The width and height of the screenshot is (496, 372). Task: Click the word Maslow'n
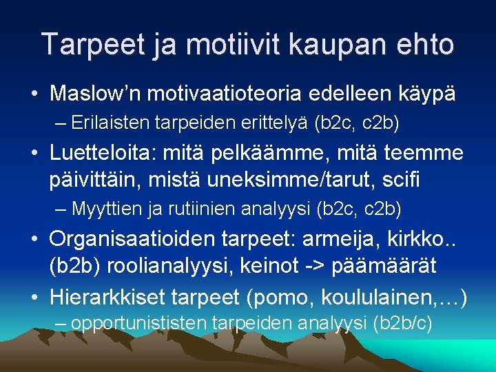tap(96, 94)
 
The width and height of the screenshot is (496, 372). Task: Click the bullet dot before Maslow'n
tap(33, 94)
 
